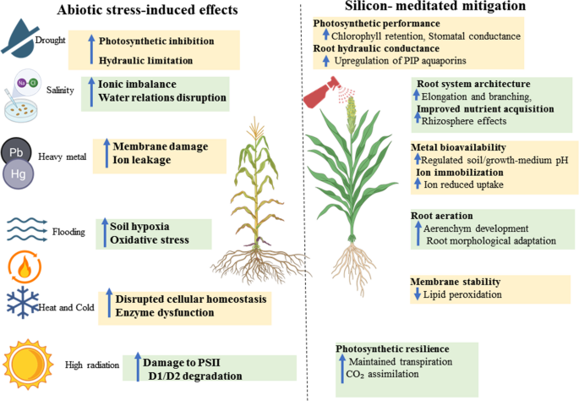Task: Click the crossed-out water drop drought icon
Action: (x=20, y=38)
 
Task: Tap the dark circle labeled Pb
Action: (x=16, y=151)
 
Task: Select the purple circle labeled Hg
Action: (x=18, y=173)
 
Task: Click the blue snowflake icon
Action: (x=23, y=302)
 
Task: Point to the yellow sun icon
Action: (x=28, y=365)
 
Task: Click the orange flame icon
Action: (x=25, y=267)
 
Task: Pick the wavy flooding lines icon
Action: (x=27, y=230)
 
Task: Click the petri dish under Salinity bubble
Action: (x=21, y=110)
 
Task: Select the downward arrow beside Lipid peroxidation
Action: (x=418, y=294)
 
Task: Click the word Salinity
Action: (x=60, y=90)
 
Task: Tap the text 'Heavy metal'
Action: (x=62, y=157)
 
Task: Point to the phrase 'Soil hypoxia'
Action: (x=139, y=226)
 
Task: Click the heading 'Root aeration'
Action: (x=441, y=216)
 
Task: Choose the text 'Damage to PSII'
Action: (x=181, y=363)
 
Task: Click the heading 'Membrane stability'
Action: (x=456, y=282)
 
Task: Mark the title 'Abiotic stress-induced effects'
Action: (x=147, y=9)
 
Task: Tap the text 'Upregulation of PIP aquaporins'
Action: (x=401, y=61)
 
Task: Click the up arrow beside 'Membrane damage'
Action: (x=107, y=153)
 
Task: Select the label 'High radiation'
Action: (x=92, y=365)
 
